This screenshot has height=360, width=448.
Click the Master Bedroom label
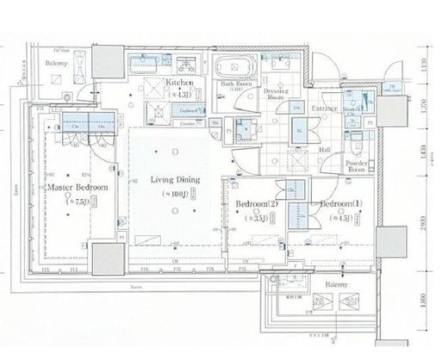coord(78,187)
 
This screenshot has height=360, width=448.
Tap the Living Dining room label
coord(176,180)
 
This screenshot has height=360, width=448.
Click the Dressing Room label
coord(275,94)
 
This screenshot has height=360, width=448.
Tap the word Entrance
coord(325,109)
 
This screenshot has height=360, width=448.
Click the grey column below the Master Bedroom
coord(108,256)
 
